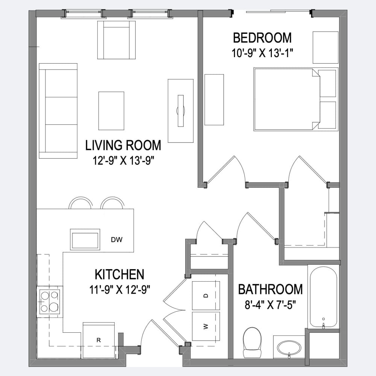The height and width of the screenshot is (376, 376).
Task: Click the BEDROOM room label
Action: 262,38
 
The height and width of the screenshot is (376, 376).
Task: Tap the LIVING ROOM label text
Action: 123,145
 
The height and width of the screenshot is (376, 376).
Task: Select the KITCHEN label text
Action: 120,274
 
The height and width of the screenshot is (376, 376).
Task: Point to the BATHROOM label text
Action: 270,289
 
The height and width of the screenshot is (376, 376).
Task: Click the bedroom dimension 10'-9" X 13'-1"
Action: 262,53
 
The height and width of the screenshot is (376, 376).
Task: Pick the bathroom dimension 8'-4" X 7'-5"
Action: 270,305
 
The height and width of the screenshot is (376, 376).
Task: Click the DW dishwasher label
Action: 117,239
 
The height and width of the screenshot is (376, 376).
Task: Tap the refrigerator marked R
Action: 99,340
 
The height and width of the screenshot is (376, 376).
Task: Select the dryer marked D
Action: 206,296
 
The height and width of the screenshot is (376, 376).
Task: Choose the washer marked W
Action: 206,326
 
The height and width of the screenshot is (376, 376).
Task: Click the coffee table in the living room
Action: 111,111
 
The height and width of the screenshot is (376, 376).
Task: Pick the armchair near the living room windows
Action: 117,40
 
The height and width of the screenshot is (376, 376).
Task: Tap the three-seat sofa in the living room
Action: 58,111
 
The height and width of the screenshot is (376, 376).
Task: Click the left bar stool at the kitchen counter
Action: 80,203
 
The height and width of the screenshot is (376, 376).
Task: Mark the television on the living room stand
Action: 180,111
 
